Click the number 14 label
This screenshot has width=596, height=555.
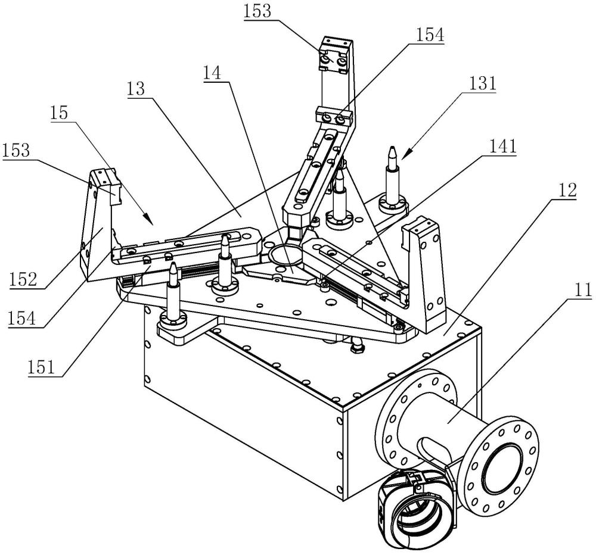click(x=212, y=73)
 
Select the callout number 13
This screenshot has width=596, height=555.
click(x=136, y=89)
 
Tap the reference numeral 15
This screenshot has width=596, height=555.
click(x=58, y=113)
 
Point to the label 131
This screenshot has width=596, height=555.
click(x=482, y=83)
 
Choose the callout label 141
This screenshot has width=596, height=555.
click(x=502, y=146)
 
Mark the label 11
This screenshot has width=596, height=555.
click(x=583, y=290)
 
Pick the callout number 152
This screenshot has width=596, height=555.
click(x=24, y=280)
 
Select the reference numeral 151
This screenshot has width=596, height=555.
click(x=41, y=367)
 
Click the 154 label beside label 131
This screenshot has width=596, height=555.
click(x=430, y=35)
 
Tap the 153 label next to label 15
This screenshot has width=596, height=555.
click(x=16, y=151)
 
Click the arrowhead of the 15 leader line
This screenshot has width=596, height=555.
click(x=148, y=220)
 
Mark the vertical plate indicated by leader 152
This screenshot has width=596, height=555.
click(x=97, y=227)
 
